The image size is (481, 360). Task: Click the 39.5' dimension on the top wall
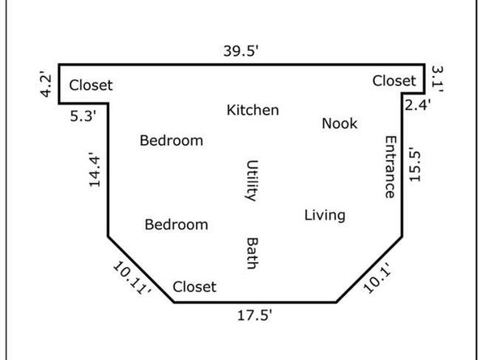click(241, 51)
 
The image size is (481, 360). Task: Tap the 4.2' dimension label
click(45, 84)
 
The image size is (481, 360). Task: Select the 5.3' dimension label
click(83, 116)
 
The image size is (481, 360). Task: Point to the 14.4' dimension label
click(95, 169)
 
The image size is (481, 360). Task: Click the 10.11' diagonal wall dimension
click(132, 278)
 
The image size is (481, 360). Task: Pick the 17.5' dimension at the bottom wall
click(254, 316)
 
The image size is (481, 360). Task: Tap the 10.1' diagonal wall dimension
click(378, 278)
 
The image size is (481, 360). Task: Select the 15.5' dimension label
click(415, 164)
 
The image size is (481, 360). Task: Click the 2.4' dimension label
click(418, 105)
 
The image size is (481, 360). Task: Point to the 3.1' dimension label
click(437, 79)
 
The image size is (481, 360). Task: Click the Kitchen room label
click(253, 110)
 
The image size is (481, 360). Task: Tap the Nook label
click(339, 124)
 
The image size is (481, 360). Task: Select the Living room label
click(325, 215)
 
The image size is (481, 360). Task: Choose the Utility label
click(253, 180)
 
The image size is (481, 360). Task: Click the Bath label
click(253, 253)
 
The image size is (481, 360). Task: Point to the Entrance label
click(390, 167)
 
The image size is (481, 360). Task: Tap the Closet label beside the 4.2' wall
click(91, 85)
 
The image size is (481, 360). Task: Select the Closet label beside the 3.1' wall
click(394, 81)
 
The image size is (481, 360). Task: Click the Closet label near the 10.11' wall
click(194, 286)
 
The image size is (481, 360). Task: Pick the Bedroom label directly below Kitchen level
click(172, 141)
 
